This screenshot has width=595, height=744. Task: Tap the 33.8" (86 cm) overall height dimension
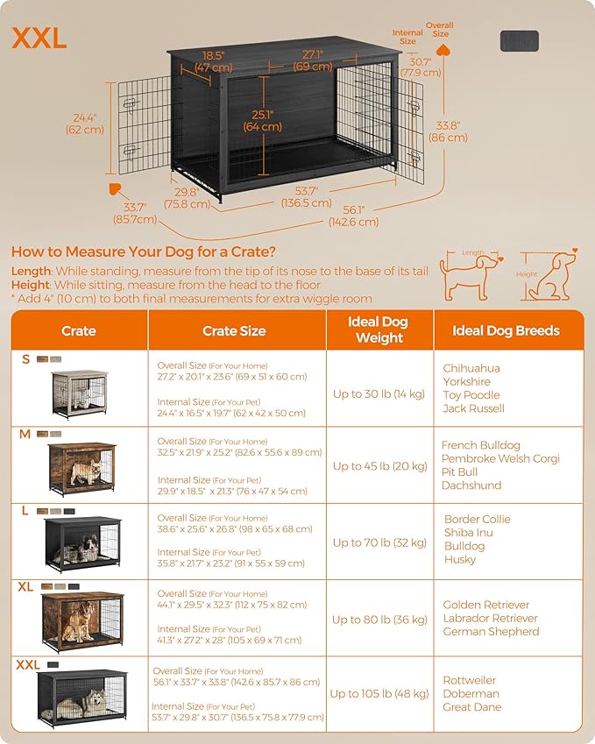[x=448, y=131]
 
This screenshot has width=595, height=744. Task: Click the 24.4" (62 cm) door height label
[x=84, y=124]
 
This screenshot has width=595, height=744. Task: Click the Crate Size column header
[x=233, y=331]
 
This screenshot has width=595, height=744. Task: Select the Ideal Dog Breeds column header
[x=506, y=331]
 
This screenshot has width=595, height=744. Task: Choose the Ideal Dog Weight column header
[x=379, y=330]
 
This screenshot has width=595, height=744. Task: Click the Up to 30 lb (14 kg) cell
[x=379, y=394]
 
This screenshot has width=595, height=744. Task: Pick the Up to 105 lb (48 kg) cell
[x=379, y=693]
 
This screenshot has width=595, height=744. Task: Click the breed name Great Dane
[x=471, y=707]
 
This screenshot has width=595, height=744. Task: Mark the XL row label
[x=25, y=586]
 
